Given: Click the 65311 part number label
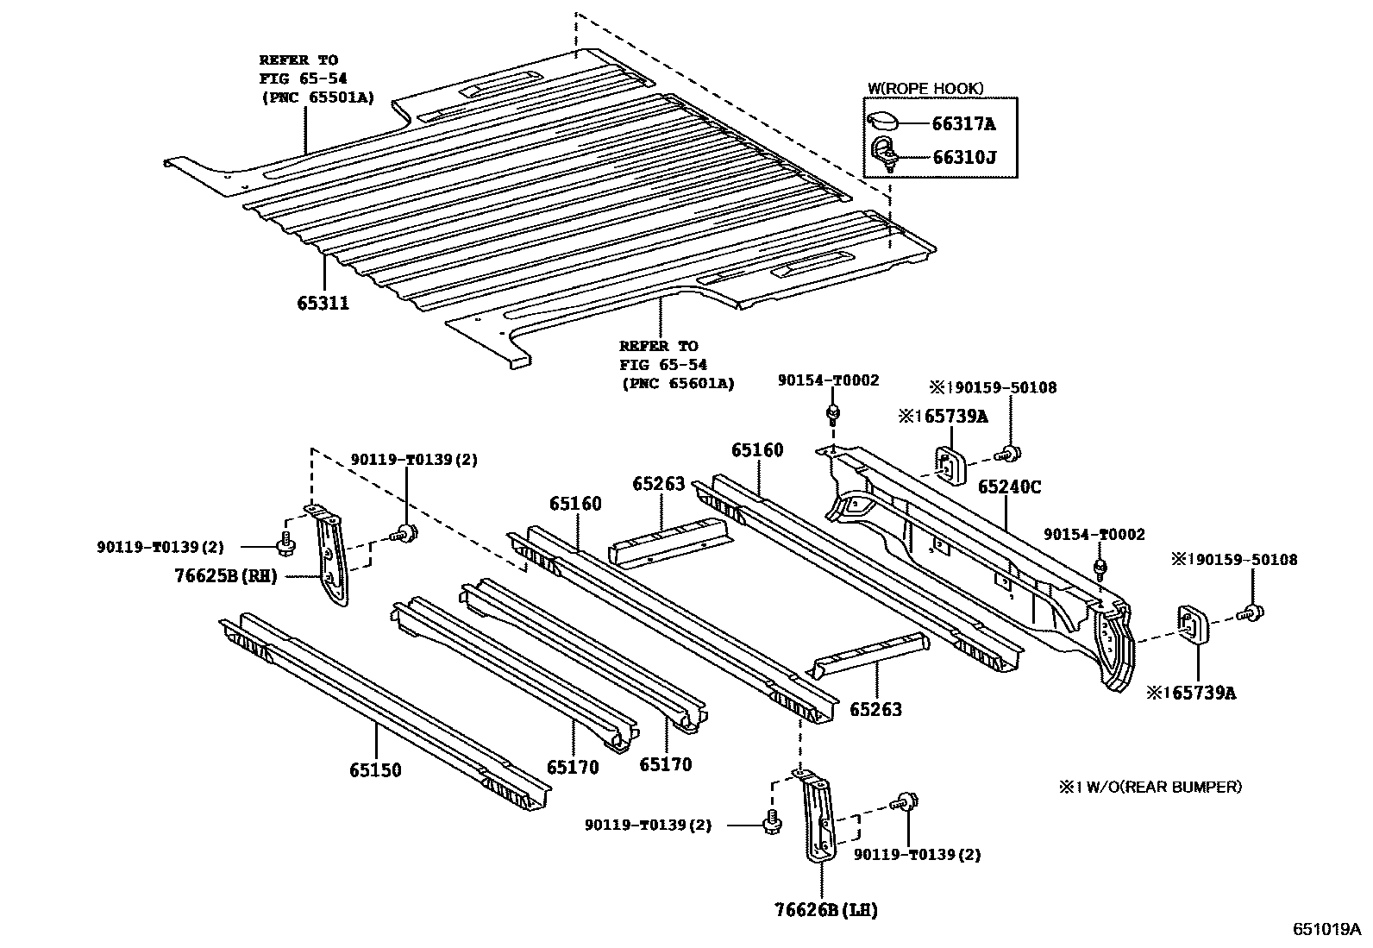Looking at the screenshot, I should pyautogui.click(x=323, y=303).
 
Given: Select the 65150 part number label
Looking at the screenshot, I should pyautogui.click(x=375, y=769).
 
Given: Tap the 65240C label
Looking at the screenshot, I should pyautogui.click(x=1009, y=487).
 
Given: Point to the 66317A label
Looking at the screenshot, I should pyautogui.click(x=963, y=124).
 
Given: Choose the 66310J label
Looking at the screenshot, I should pyautogui.click(x=963, y=158).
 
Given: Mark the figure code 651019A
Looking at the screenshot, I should pyautogui.click(x=1326, y=930).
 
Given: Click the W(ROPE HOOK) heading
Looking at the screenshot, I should pyautogui.click(x=925, y=88).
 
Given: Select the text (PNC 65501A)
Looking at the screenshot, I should pyautogui.click(x=317, y=97).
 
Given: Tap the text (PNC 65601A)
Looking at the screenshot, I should pyautogui.click(x=677, y=383).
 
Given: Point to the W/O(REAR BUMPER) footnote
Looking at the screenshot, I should pyautogui.click(x=1151, y=787).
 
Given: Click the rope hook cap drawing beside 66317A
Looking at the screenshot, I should pyautogui.click(x=883, y=122).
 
